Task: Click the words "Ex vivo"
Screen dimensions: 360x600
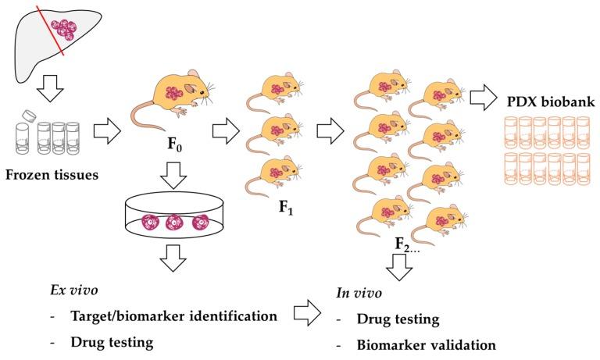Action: (x=69, y=294)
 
